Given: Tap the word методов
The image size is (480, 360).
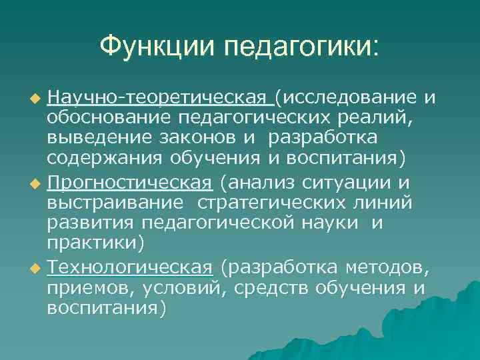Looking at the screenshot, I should [390, 269].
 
